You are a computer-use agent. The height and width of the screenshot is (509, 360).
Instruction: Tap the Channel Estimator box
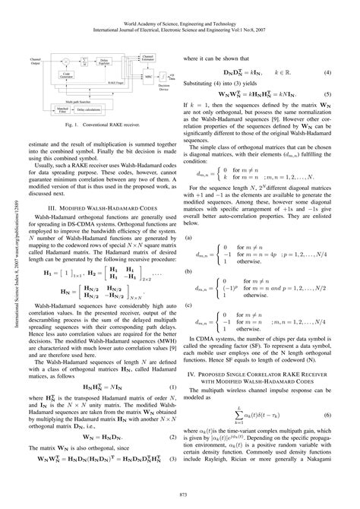click(149, 58)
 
